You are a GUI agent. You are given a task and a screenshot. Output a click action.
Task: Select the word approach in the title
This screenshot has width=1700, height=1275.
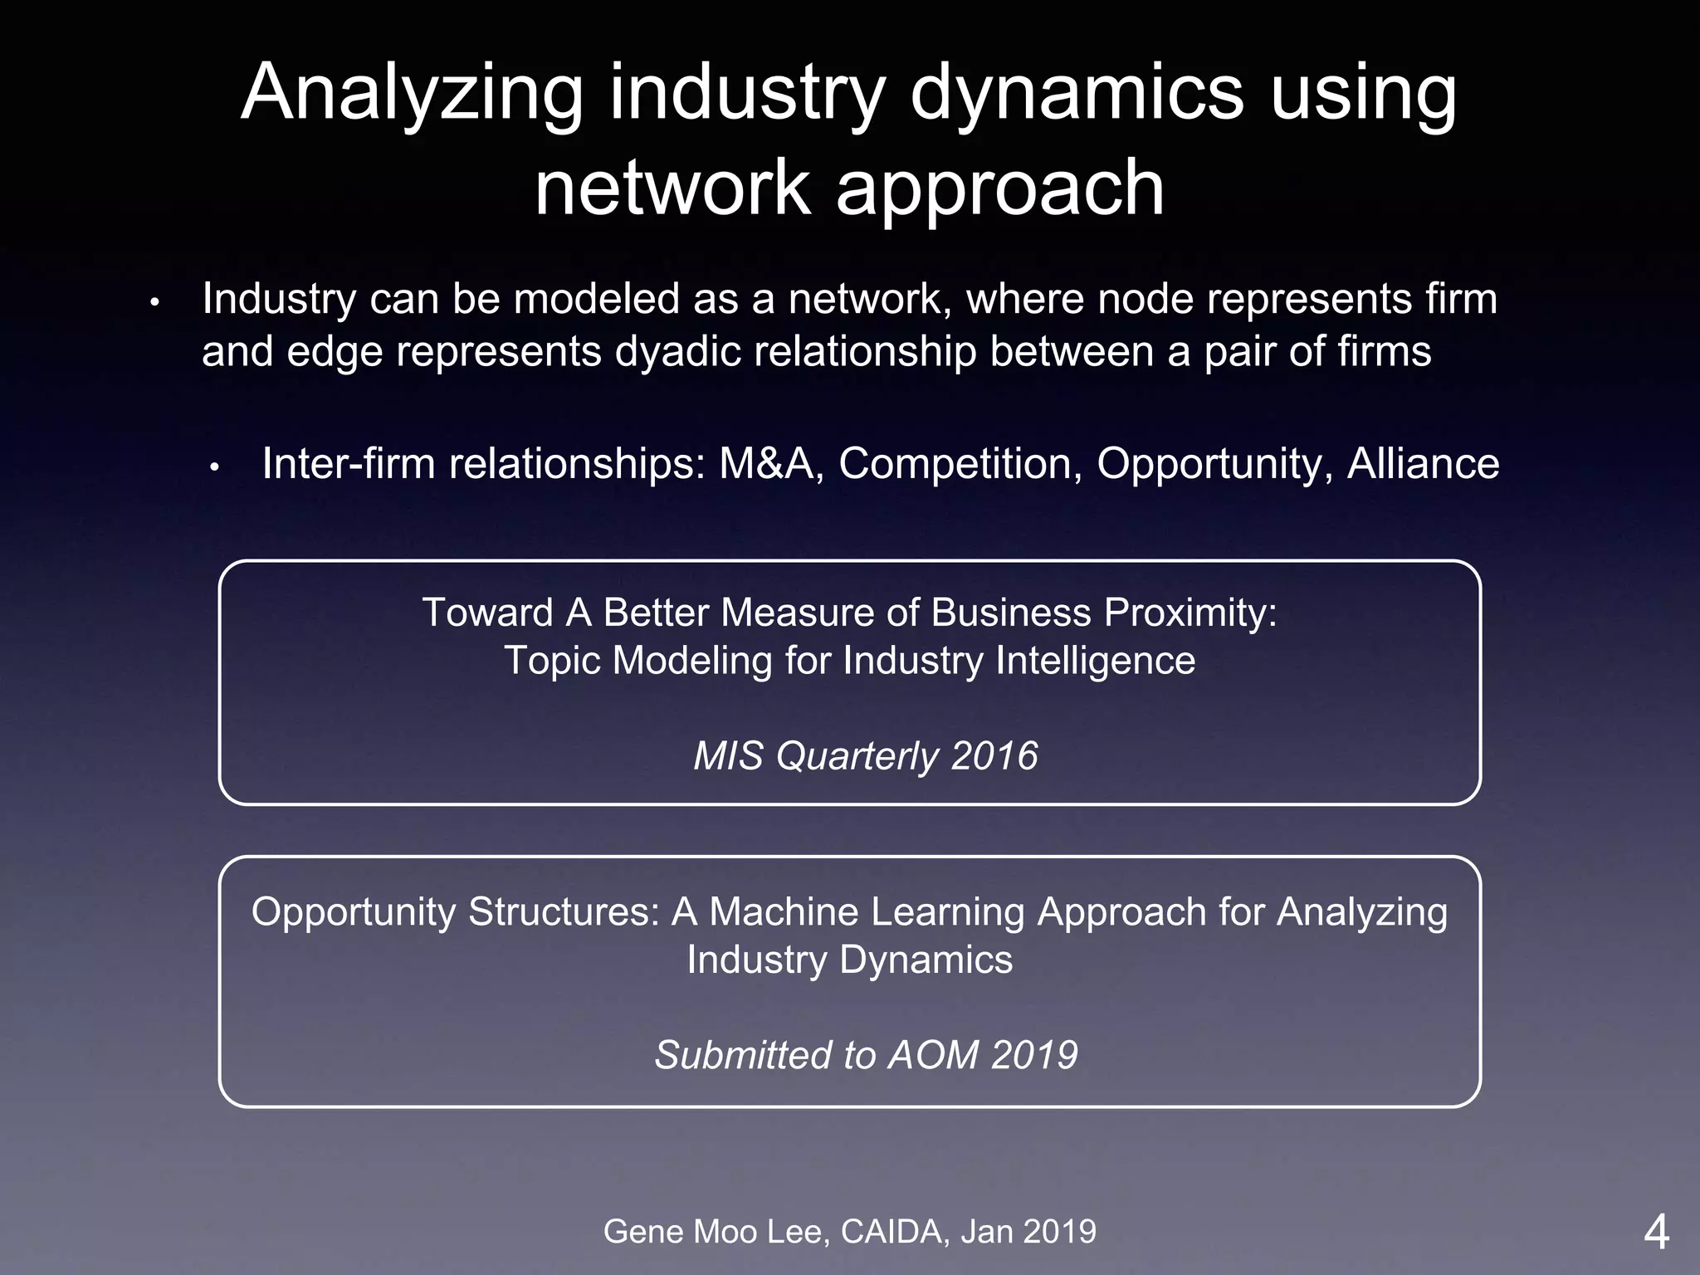tap(999, 189)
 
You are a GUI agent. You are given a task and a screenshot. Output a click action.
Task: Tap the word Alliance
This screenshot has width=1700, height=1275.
tap(1423, 463)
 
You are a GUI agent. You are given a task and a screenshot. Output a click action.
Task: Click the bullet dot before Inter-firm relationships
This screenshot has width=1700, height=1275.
tap(213, 467)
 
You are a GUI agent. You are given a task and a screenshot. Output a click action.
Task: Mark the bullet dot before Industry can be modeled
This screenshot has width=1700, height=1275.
tap(154, 303)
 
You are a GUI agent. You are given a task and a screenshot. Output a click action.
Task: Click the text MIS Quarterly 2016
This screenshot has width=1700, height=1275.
tap(865, 756)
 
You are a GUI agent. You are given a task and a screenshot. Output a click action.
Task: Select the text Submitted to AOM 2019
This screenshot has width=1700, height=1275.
tap(866, 1055)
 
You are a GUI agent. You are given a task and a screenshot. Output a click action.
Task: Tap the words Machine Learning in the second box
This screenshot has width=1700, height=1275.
tap(867, 911)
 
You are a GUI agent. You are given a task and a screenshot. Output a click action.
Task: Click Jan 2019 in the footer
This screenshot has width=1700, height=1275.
tap(1028, 1232)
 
